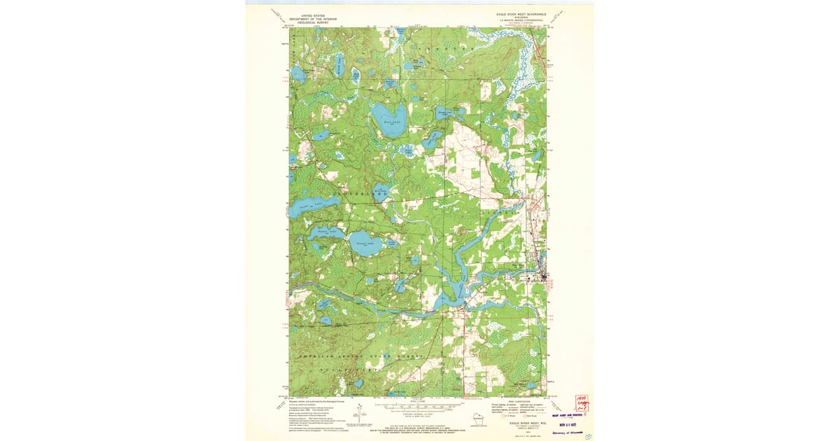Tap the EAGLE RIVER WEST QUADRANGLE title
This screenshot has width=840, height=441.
516,14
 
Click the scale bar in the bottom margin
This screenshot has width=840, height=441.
419,405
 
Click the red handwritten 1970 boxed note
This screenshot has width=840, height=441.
581,402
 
